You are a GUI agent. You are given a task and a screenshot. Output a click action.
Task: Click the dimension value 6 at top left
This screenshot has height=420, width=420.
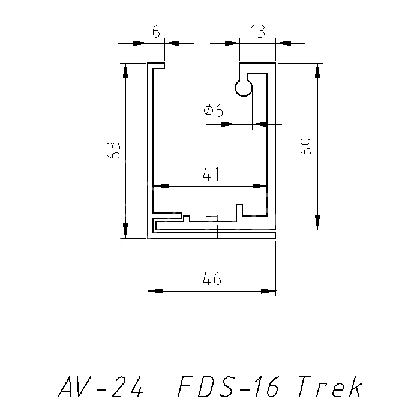click(156, 32)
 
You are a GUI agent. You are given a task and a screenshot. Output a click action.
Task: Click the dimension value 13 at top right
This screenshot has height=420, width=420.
click(257, 32)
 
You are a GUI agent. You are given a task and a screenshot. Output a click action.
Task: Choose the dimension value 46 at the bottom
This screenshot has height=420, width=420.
click(212, 279)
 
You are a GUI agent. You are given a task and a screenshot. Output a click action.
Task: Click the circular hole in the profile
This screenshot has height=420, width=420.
click(244, 88)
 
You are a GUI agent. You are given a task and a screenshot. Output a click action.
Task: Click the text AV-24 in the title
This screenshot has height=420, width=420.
click(101, 388)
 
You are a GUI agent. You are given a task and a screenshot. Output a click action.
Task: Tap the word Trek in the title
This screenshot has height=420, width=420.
click(329, 388)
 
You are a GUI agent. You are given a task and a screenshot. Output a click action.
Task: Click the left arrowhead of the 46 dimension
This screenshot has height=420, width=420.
click(155, 292)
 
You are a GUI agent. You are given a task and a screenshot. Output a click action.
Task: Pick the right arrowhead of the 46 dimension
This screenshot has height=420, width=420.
click(269, 292)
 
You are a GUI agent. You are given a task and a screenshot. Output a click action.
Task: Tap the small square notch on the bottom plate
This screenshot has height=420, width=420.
click(211, 218)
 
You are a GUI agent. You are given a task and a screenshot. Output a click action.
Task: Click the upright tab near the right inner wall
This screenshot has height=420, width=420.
click(239, 210)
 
